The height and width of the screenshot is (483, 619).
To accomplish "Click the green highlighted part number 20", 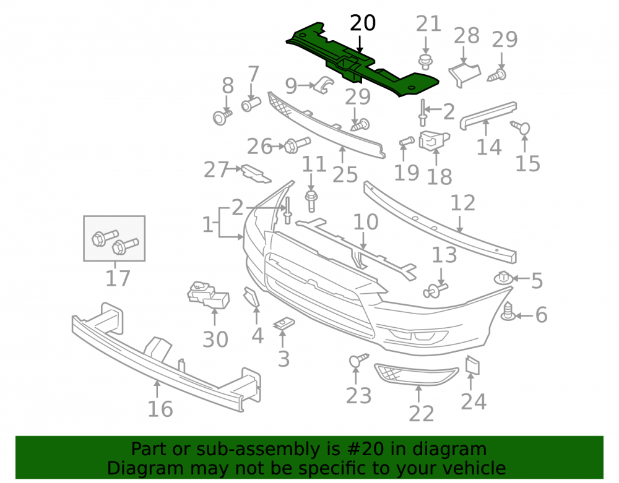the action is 362,59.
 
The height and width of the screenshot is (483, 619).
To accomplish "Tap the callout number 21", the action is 428,24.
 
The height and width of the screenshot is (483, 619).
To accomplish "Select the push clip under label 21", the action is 425,62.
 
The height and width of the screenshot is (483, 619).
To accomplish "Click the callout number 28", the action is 466,36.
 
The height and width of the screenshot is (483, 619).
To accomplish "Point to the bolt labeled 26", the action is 297,145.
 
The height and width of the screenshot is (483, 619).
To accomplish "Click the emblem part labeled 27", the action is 256,174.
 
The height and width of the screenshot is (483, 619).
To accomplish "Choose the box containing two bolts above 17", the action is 114,238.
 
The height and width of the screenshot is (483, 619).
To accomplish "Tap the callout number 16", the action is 160,409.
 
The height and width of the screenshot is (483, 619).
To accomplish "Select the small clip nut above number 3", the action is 284,324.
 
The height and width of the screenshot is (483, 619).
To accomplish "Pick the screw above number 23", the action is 358,359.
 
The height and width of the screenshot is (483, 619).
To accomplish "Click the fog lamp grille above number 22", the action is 416,374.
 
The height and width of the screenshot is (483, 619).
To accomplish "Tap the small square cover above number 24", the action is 472,365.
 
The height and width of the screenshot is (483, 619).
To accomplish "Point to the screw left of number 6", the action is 508,312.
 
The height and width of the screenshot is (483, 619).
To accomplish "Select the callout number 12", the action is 462,203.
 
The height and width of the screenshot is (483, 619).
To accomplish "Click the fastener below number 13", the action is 435,291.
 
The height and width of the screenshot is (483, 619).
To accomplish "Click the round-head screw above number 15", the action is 521,127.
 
